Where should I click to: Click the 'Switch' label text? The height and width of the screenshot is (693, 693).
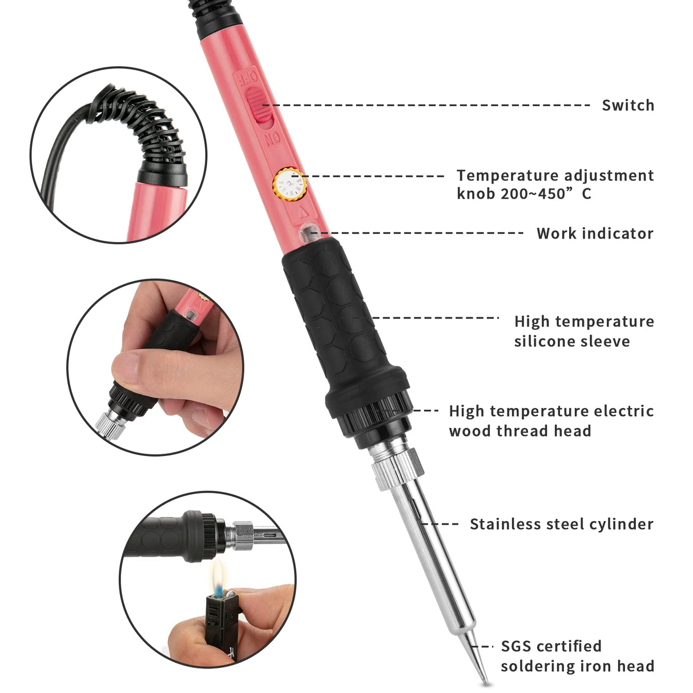tap(628, 106)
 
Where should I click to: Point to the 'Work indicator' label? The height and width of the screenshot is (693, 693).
tap(595, 233)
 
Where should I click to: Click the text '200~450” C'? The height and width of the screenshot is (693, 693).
tap(546, 194)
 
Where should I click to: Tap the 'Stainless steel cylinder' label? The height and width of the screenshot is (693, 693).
tap(561, 524)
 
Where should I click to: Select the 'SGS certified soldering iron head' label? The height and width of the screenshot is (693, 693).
tap(577, 656)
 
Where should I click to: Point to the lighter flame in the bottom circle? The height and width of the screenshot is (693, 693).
tap(219, 577)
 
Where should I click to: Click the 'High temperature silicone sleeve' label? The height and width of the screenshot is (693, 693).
tap(583, 331)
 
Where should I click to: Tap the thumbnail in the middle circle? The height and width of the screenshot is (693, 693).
tap(127, 366)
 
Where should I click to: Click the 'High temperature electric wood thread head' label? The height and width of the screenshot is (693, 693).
tap(551, 421)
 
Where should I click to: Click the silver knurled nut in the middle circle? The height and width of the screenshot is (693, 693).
tap(110, 423)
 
